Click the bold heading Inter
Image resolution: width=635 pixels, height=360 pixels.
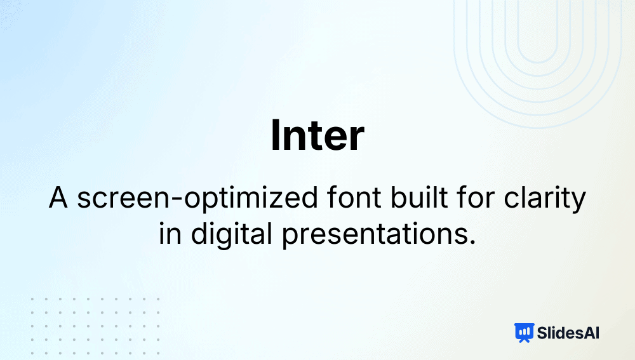click(317, 135)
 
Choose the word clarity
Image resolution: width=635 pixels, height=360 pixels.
click(545, 199)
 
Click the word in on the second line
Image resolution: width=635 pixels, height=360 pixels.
click(170, 234)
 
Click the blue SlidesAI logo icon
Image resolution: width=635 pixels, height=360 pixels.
click(524, 333)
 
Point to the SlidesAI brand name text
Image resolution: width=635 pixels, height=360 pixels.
click(568, 333)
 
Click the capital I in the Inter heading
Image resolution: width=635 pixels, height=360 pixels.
click(275, 135)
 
